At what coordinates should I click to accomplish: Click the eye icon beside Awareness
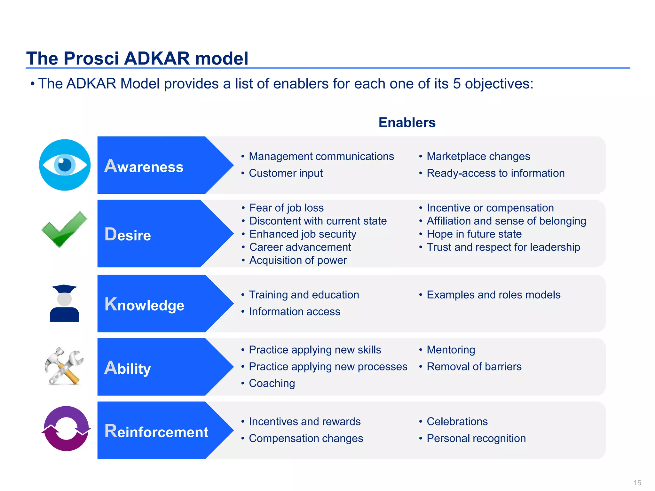coord(65,165)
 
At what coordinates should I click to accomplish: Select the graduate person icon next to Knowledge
coord(64,303)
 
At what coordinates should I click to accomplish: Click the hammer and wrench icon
coord(64,366)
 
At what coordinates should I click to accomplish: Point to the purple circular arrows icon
coord(66,429)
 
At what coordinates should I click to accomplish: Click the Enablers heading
coord(407,123)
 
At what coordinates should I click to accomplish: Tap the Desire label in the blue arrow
coord(128,235)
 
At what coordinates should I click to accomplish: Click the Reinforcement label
coord(156,432)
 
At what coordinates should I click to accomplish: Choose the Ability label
coord(128,368)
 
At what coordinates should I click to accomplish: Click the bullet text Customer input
coord(286,173)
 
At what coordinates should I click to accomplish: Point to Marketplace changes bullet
coord(478,156)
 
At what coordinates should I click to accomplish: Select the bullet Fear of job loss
coord(286,208)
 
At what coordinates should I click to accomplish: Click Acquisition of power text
coord(298,260)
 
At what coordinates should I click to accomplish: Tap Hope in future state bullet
coord(474,234)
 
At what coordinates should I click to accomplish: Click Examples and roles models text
coord(493,295)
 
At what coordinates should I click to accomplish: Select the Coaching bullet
coord(272,383)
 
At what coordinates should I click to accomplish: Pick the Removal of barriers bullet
coord(474,367)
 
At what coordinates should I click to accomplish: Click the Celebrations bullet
coord(457,422)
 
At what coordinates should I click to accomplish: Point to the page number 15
coord(637,483)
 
